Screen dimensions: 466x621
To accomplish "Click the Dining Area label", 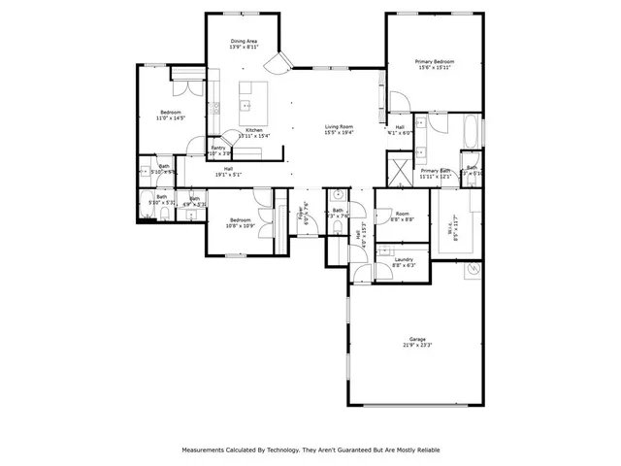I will (x=244, y=41).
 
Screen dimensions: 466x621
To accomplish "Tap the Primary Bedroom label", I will (x=436, y=61).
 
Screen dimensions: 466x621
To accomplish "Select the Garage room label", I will (x=417, y=339).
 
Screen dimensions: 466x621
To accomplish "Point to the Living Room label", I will (x=339, y=126).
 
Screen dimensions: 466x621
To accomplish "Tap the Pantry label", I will (x=218, y=148).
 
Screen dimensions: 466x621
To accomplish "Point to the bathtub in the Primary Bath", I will (x=471, y=131).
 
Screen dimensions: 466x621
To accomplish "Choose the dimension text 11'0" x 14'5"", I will (x=172, y=118).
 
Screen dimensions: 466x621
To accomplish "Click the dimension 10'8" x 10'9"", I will (x=241, y=226).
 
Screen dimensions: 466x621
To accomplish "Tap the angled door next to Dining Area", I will (x=278, y=63).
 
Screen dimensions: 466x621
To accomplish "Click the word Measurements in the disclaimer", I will (x=209, y=450).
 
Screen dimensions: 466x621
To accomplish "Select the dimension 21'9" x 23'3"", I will (x=417, y=345).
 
